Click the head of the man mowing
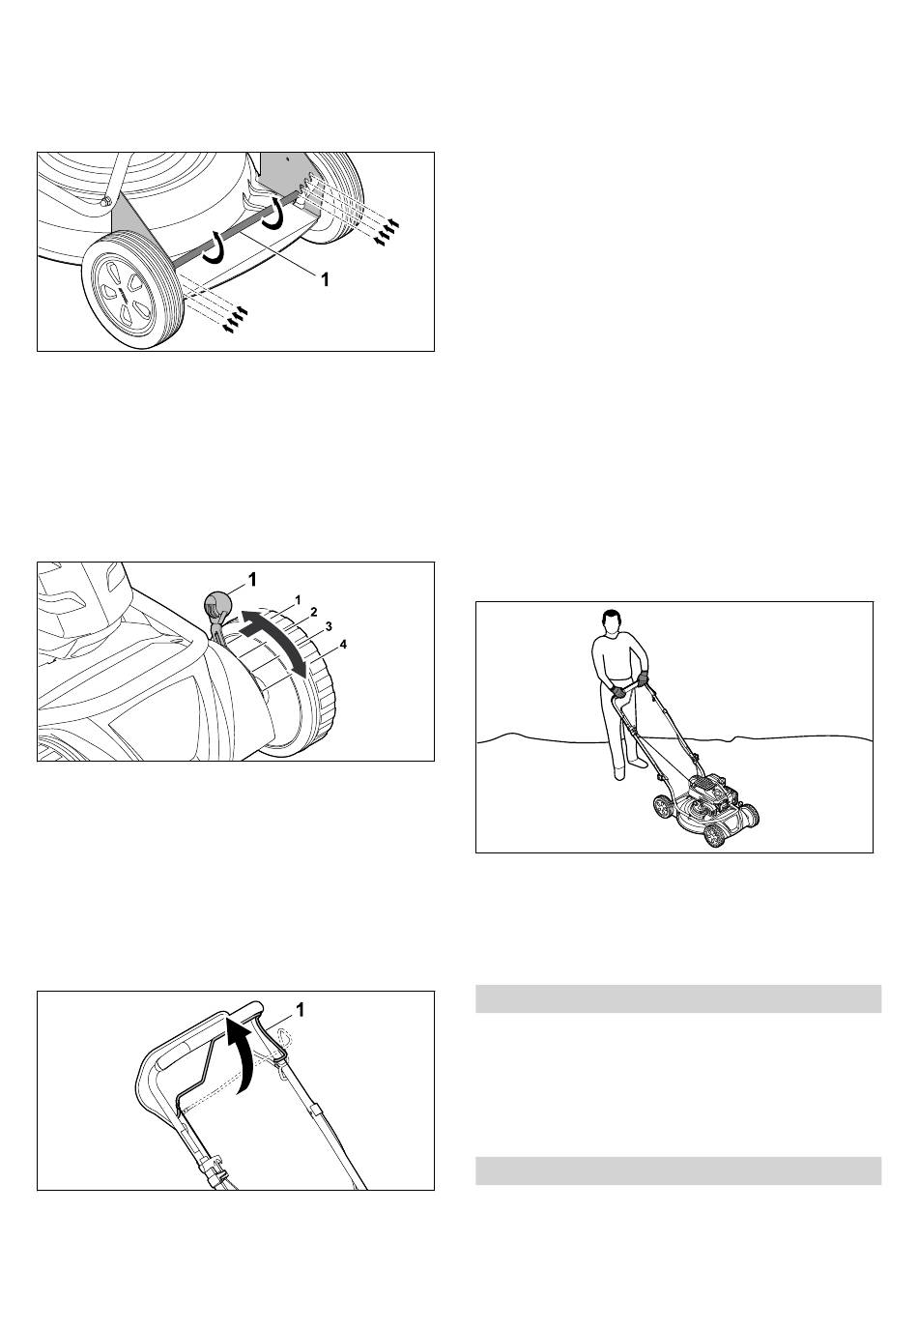tap(611, 622)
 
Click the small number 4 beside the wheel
tap(342, 644)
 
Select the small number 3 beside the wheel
tap(329, 626)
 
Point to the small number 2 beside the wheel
tap(314, 611)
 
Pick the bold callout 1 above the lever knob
tap(252, 580)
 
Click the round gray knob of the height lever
tap(218, 604)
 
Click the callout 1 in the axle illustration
tap(325, 279)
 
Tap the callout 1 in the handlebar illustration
tap(301, 1010)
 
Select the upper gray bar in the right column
tap(678, 999)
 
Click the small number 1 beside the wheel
tap(299, 599)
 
